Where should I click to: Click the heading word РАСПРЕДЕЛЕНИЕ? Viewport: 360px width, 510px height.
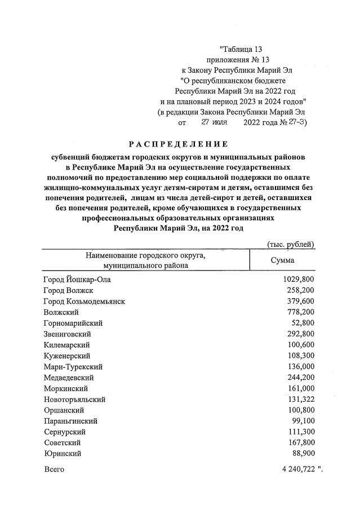tap(180, 144)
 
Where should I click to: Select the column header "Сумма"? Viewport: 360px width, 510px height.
tap(282, 260)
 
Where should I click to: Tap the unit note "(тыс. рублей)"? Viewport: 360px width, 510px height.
tap(290, 244)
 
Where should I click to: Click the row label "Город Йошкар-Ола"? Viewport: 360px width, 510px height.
tap(73, 280)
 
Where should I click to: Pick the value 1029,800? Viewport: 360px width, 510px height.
tap(297, 280)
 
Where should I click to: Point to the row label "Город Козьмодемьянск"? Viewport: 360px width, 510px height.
tap(84, 301)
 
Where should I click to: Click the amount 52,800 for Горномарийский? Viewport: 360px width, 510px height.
tap(301, 323)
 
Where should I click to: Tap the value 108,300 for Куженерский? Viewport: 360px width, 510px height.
tap(299, 356)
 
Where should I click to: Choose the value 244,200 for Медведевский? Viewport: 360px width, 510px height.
tap(299, 378)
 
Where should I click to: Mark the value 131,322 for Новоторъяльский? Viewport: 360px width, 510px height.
tap(299, 399)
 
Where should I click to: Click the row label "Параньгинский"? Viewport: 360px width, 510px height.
tap(70, 420)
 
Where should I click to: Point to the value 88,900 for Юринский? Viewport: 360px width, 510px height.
tap(301, 453)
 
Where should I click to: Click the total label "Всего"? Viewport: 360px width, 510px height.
tap(54, 469)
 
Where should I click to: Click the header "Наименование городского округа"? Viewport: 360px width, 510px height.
tap(145, 255)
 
